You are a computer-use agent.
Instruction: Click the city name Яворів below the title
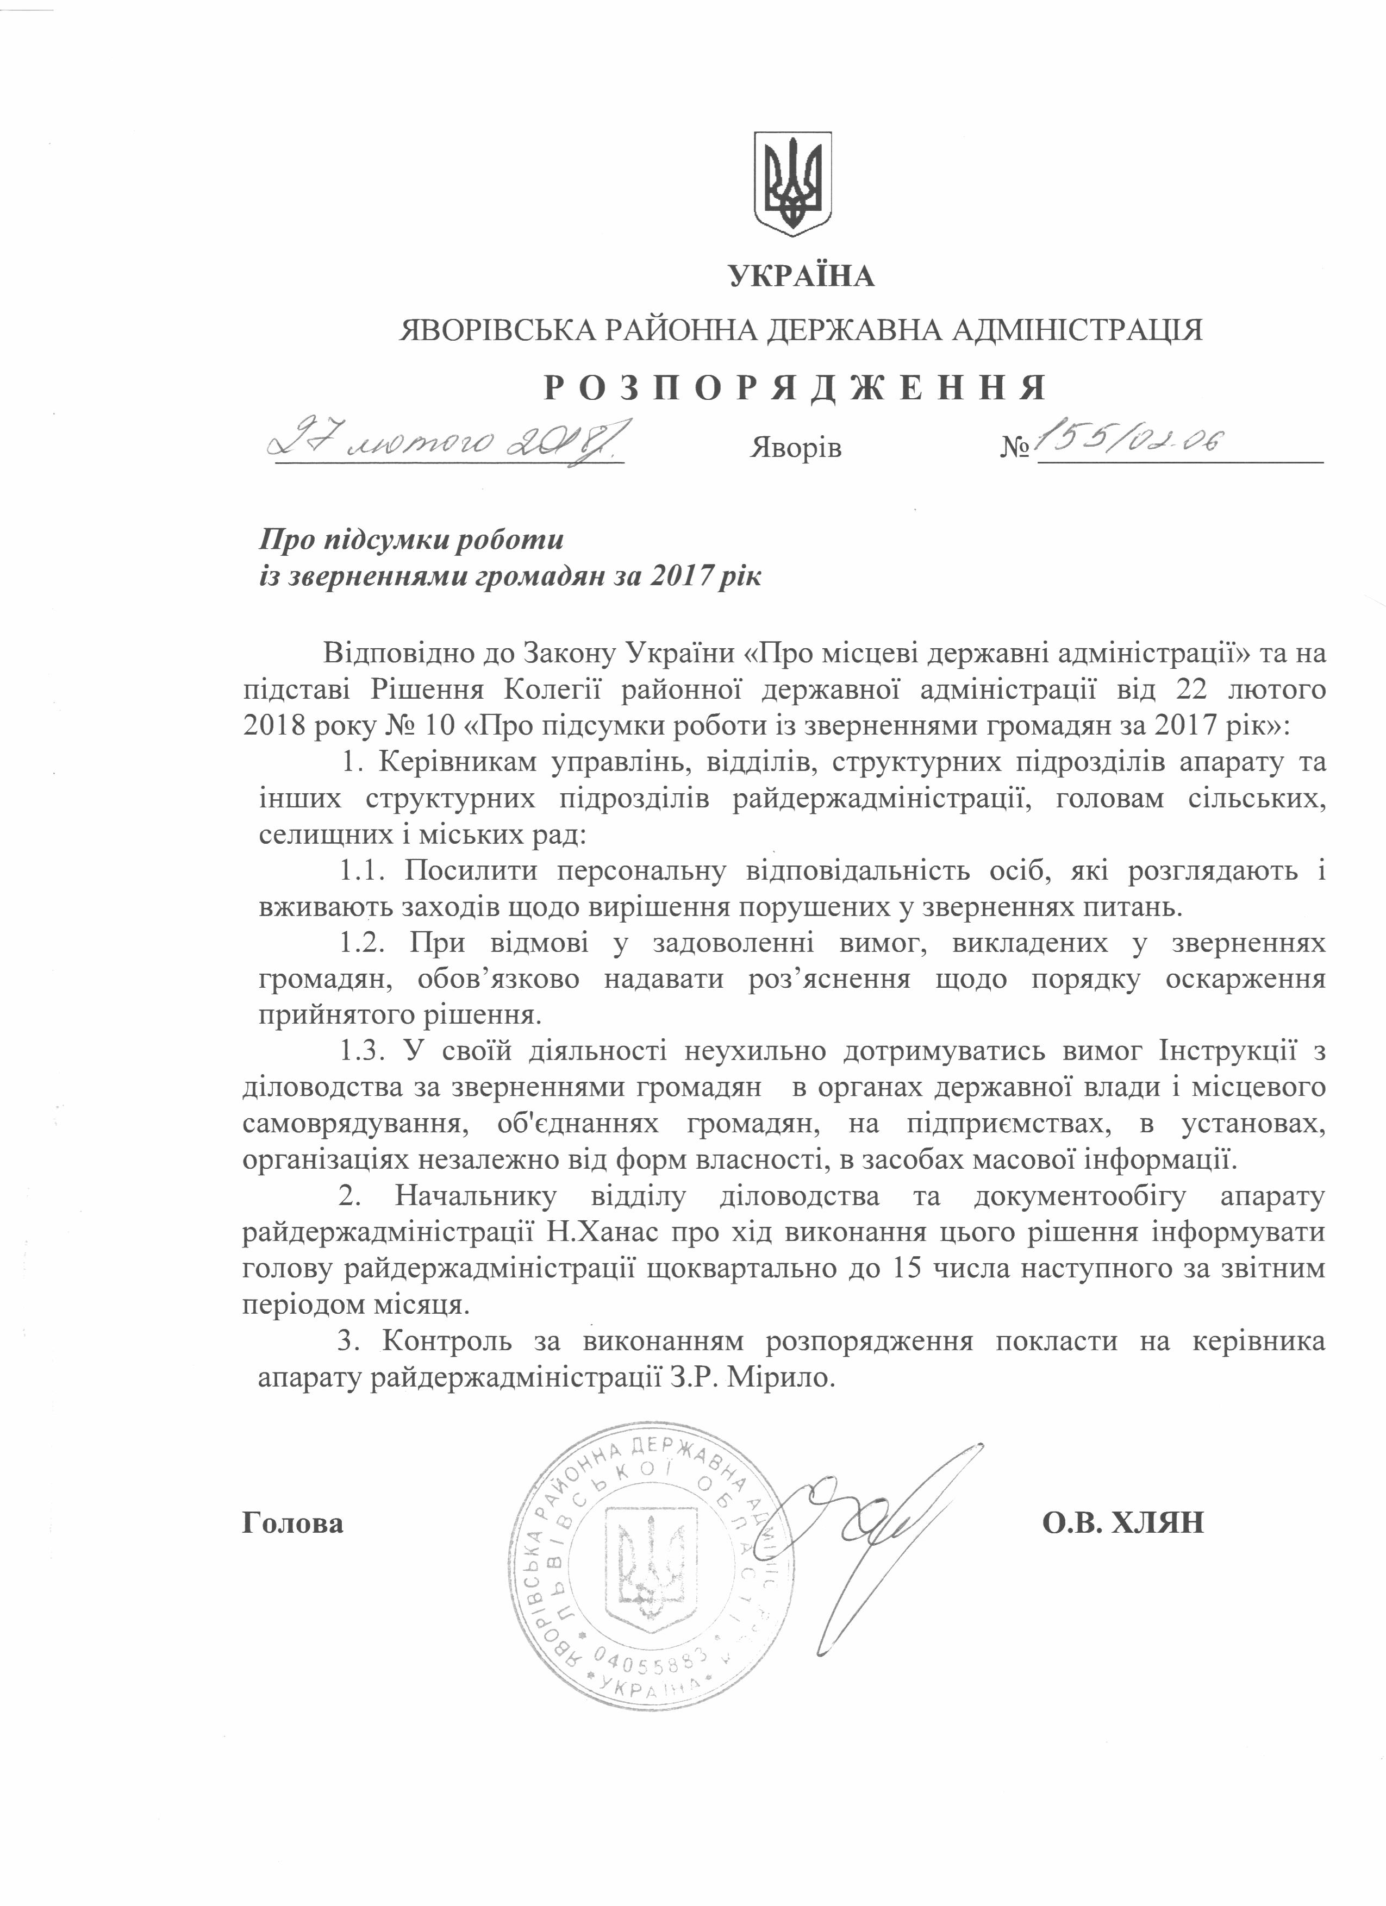click(x=795, y=448)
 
